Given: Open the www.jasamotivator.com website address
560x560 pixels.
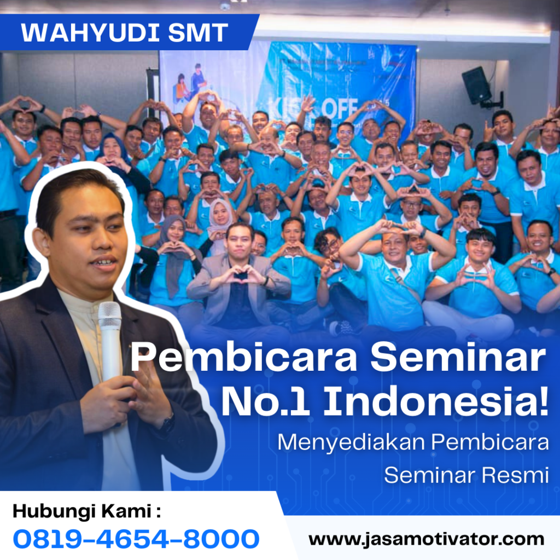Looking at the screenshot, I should (x=426, y=539).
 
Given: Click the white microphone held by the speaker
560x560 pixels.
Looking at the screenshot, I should (x=110, y=334).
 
